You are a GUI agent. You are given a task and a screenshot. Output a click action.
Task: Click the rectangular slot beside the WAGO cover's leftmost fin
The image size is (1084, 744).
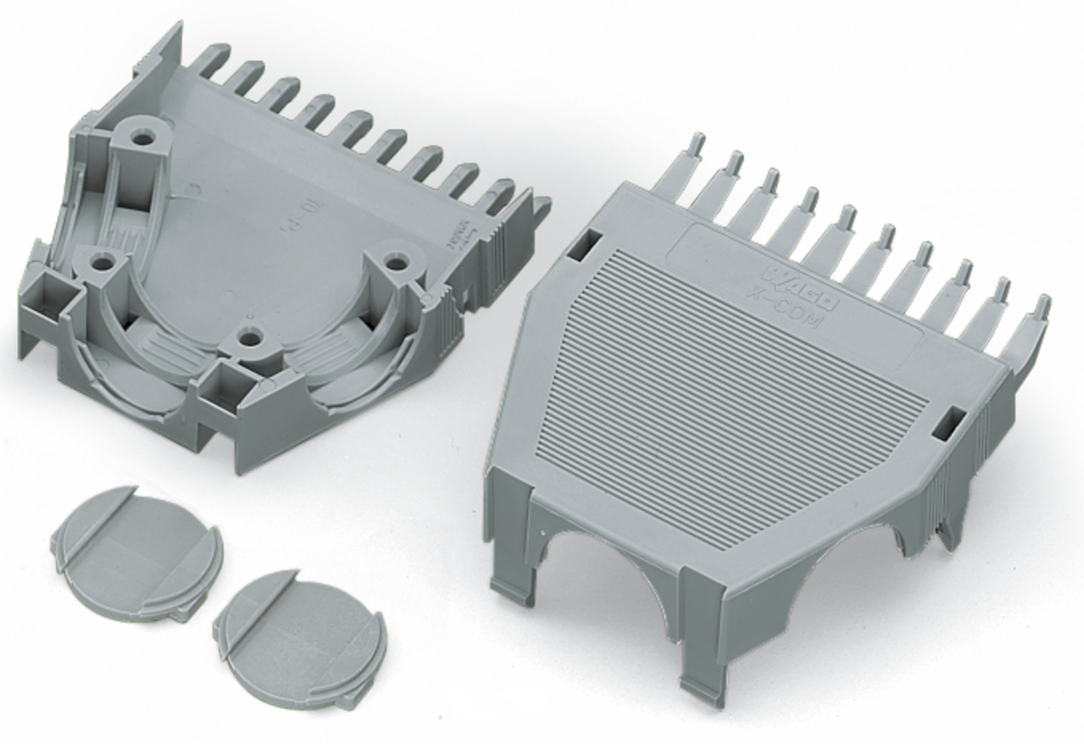tap(585, 247)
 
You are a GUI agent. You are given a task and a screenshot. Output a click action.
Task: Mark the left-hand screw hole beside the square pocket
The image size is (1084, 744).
tap(103, 264)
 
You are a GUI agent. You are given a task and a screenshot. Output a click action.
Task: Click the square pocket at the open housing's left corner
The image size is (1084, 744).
tap(42, 297)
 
